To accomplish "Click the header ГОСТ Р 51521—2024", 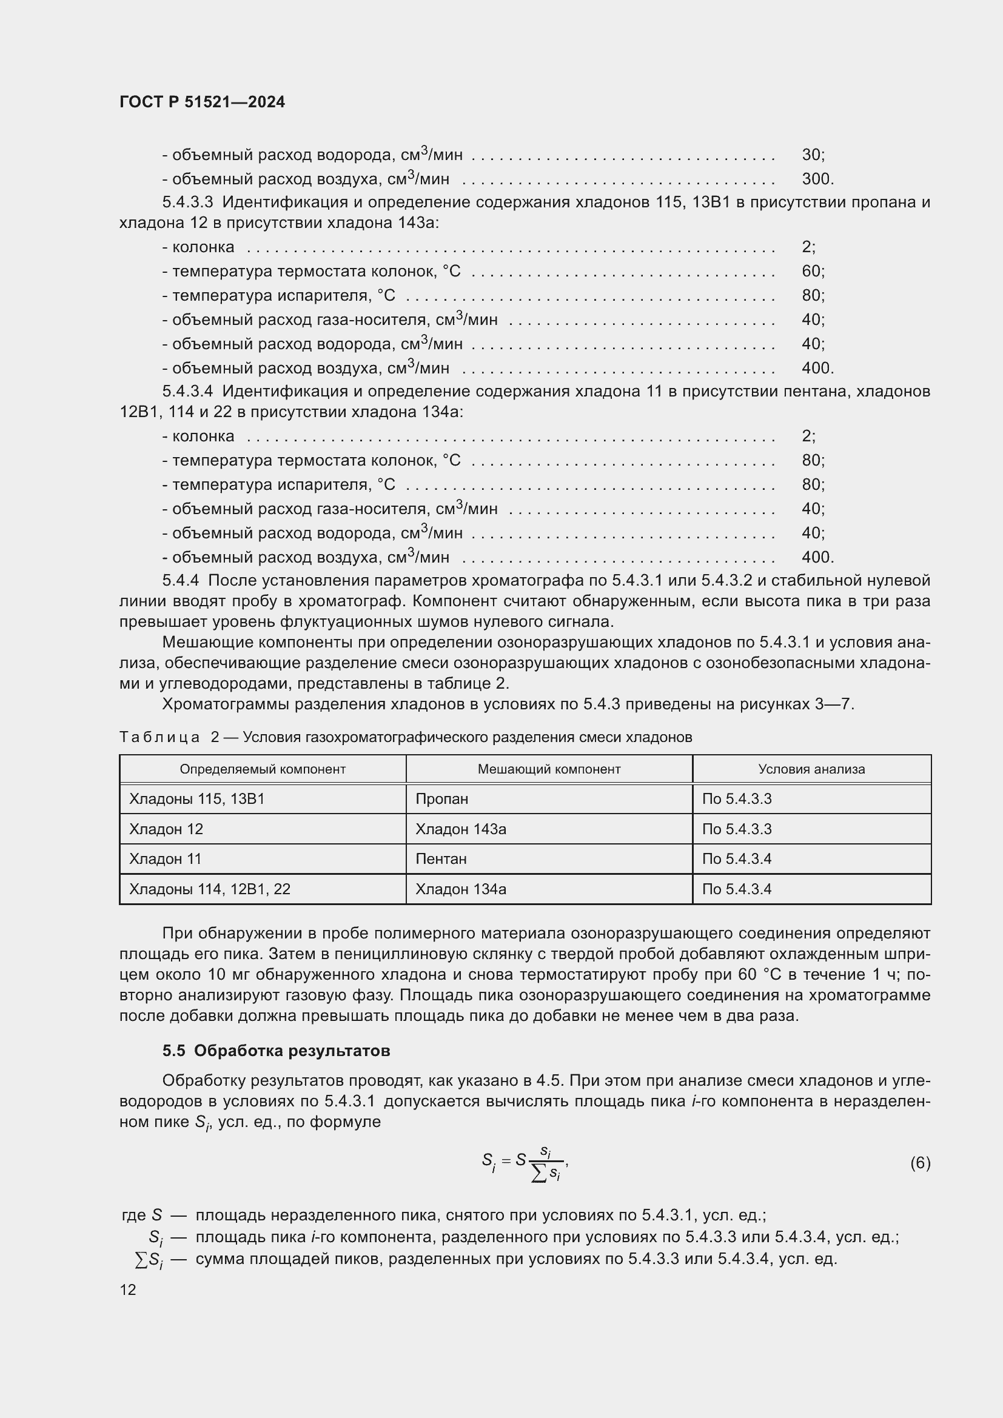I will point(202,102).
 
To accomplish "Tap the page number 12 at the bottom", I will point(128,1289).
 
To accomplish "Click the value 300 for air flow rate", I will point(816,179).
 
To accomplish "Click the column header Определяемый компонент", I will point(263,769).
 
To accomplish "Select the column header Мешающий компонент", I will point(548,769).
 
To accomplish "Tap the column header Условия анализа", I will point(811,769).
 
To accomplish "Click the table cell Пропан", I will point(441,799).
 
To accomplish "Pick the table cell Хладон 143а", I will point(461,829).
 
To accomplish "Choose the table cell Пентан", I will point(441,859).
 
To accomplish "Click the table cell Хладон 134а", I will point(461,889).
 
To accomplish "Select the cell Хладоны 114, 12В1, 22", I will point(209,889).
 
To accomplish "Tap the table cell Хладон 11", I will point(165,859).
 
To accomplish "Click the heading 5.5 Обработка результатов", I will point(276,1051).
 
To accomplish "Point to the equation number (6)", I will point(920,1163).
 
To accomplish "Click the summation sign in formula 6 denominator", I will point(538,1174).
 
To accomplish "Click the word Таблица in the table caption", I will point(159,737).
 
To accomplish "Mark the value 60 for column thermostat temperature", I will point(812,271).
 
